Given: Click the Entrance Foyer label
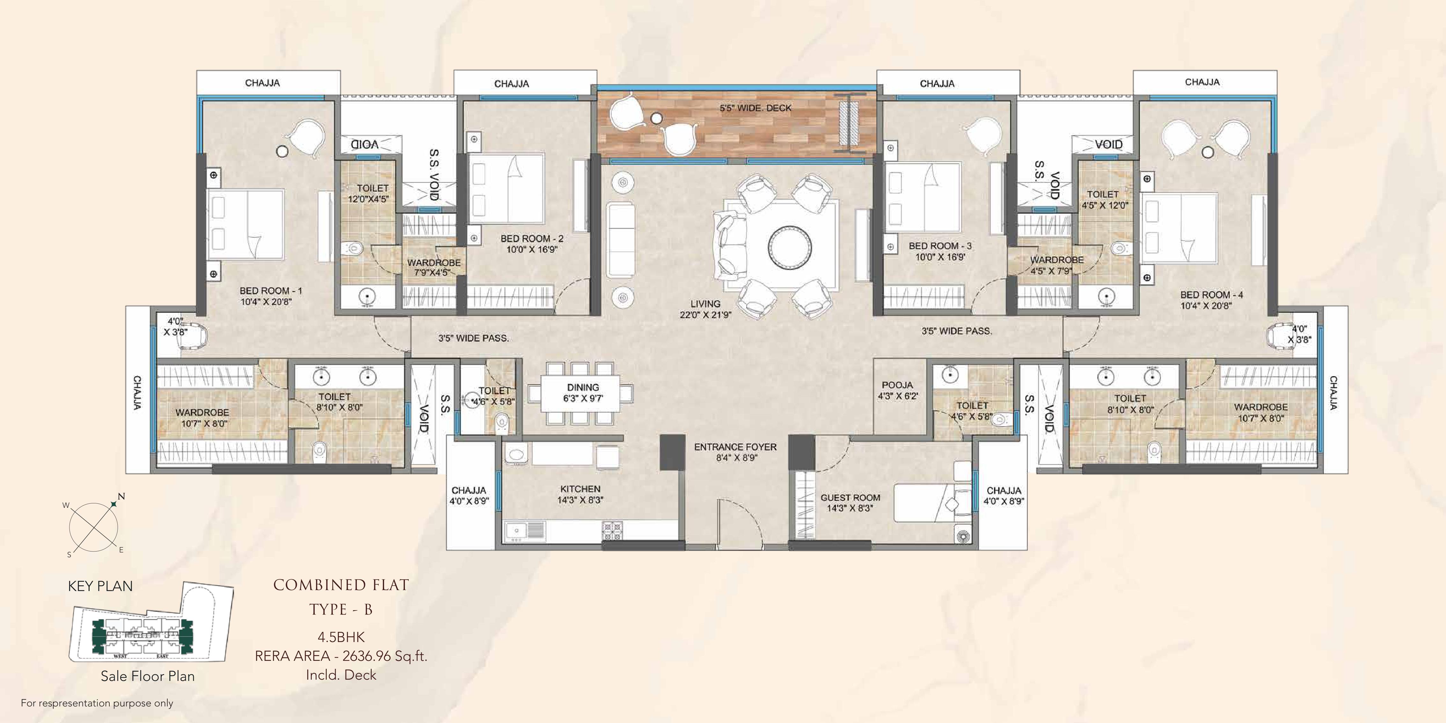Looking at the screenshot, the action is pos(735,447).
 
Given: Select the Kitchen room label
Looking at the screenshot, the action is pos(580,489).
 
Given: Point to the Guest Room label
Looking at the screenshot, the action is pos(851,497).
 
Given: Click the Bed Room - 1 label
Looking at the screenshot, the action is pos(271,291).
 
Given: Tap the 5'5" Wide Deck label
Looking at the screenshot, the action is pos(756,108).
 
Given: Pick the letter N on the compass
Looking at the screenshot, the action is pos(121,496).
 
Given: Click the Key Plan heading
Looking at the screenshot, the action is pos(100,586).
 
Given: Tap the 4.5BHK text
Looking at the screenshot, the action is pos(341,637).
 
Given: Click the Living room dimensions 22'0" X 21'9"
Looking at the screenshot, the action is pos(705,315).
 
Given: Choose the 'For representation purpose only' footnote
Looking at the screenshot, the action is pos(97,703).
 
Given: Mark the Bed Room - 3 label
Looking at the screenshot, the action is pos(940,246).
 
